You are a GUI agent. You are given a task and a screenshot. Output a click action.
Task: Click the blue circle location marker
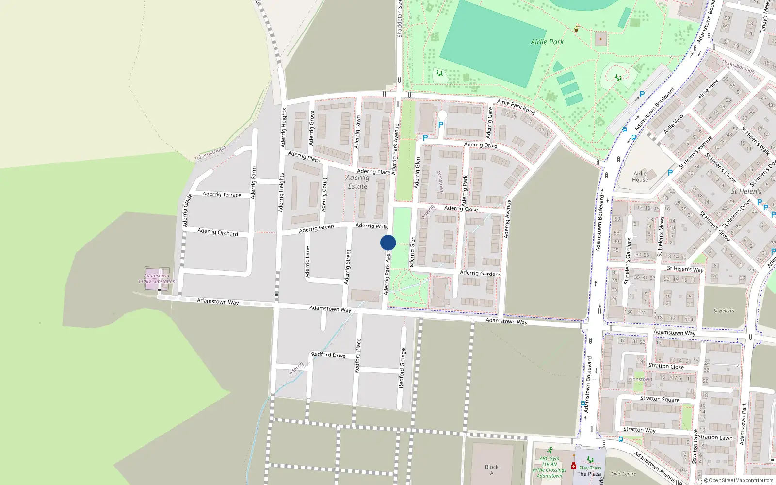tap(388, 242)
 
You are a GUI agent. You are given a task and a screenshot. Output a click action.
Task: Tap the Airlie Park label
tap(547, 42)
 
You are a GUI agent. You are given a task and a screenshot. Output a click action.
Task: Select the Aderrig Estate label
tap(357, 182)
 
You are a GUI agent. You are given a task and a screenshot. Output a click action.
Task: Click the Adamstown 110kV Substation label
tap(157, 278)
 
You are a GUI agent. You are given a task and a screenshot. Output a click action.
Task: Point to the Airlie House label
tap(640, 177)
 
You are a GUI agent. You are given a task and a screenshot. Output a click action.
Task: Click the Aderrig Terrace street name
tap(222, 194)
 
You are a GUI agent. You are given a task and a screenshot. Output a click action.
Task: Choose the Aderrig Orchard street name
tap(218, 232)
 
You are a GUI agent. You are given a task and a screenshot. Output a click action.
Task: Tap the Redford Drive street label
tap(328, 355)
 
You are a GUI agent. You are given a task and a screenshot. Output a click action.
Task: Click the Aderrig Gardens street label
tap(480, 274)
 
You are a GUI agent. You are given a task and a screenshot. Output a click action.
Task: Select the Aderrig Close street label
tap(461, 209)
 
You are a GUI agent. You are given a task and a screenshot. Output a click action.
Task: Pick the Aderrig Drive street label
tap(480, 145)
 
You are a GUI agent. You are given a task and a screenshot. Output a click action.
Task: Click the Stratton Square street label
tap(660, 399)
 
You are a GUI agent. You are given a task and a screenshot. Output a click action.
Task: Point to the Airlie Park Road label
tap(516, 107)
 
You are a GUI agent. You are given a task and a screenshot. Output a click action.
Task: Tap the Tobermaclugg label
tap(210, 154)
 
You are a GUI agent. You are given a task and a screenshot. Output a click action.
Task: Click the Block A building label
tap(491, 470)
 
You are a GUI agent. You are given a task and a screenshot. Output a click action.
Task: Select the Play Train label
tap(590, 468)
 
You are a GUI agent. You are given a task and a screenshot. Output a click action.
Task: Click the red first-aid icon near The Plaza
tap(573, 466)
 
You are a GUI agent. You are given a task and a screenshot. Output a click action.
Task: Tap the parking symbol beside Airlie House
tap(670, 172)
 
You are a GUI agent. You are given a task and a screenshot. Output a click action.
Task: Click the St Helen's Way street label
tap(685, 269)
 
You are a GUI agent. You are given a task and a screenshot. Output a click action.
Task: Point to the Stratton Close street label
tap(666, 366)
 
